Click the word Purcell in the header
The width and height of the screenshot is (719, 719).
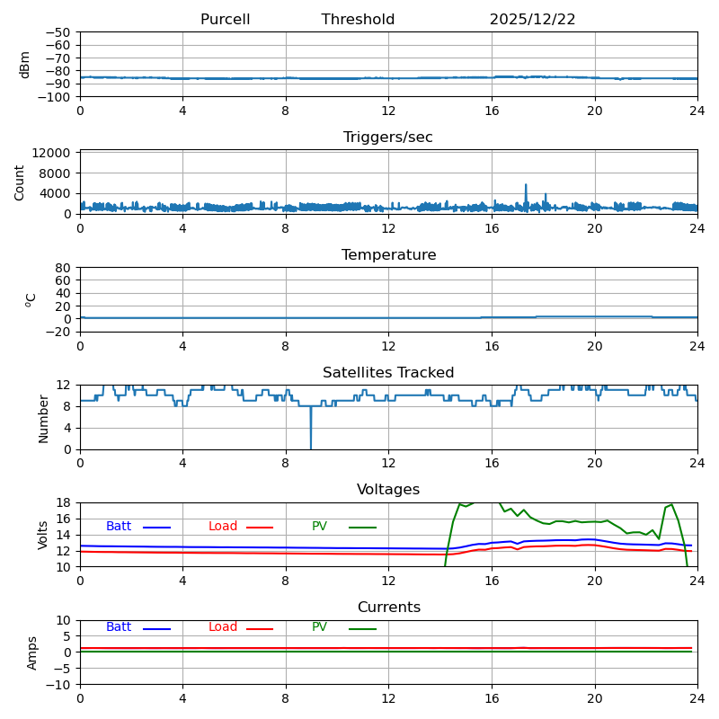[x=225, y=20]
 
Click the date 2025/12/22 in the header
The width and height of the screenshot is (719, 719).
[x=532, y=20]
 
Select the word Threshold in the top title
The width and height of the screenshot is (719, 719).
[x=358, y=20]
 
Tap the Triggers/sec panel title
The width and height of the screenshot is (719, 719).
[x=388, y=138]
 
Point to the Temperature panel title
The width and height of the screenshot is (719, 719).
[x=388, y=255]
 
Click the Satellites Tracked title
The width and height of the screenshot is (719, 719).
[x=388, y=373]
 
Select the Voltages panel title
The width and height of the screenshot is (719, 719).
[x=388, y=490]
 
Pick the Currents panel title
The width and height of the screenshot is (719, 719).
[x=388, y=608]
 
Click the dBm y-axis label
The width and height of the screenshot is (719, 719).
[x=25, y=64]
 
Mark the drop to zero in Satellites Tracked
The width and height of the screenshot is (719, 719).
[x=311, y=447]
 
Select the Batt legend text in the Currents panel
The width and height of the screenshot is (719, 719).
[x=119, y=627]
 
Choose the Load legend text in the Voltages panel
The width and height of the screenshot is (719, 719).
[x=223, y=527]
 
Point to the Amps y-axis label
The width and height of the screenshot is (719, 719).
[x=32, y=652]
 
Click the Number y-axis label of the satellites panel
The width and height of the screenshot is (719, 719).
[x=43, y=418]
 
